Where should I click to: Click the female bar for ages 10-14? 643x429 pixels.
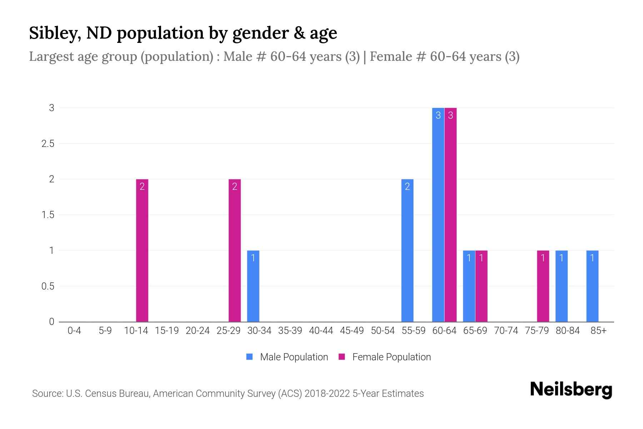pos(142,250)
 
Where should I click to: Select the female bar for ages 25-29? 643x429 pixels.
pos(235,250)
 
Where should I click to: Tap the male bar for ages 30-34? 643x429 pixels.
pos(253,286)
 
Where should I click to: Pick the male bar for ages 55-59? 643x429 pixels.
pos(407,250)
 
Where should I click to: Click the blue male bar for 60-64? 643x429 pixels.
pos(438,214)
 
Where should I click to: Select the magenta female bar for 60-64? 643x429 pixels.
pos(450,214)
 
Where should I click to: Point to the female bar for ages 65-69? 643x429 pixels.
pos(481,286)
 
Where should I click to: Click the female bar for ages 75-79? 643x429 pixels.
pos(543,286)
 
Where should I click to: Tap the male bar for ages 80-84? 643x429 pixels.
pos(562,286)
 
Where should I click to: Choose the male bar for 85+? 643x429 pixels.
pos(592,286)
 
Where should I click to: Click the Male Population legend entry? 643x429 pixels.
pos(287,357)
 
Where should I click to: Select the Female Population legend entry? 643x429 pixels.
pos(385,357)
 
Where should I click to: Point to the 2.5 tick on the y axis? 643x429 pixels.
pos(48,144)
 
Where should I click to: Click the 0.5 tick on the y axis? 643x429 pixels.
pos(48,286)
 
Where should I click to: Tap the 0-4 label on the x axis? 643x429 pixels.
pos(74,331)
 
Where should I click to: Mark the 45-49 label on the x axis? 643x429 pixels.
pos(352,331)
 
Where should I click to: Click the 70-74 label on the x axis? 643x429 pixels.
pos(506,331)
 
